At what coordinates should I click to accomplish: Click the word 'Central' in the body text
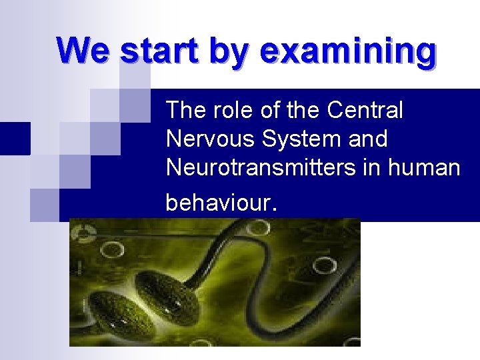click(x=365, y=110)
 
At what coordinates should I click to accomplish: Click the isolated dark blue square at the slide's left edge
click(x=15, y=138)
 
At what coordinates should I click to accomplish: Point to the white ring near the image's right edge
click(x=324, y=266)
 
